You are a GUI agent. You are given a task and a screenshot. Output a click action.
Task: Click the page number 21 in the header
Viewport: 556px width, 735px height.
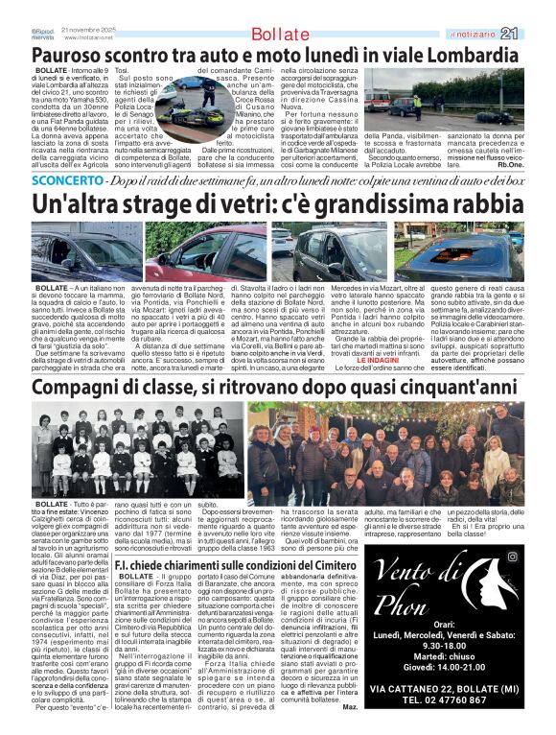point(535,34)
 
